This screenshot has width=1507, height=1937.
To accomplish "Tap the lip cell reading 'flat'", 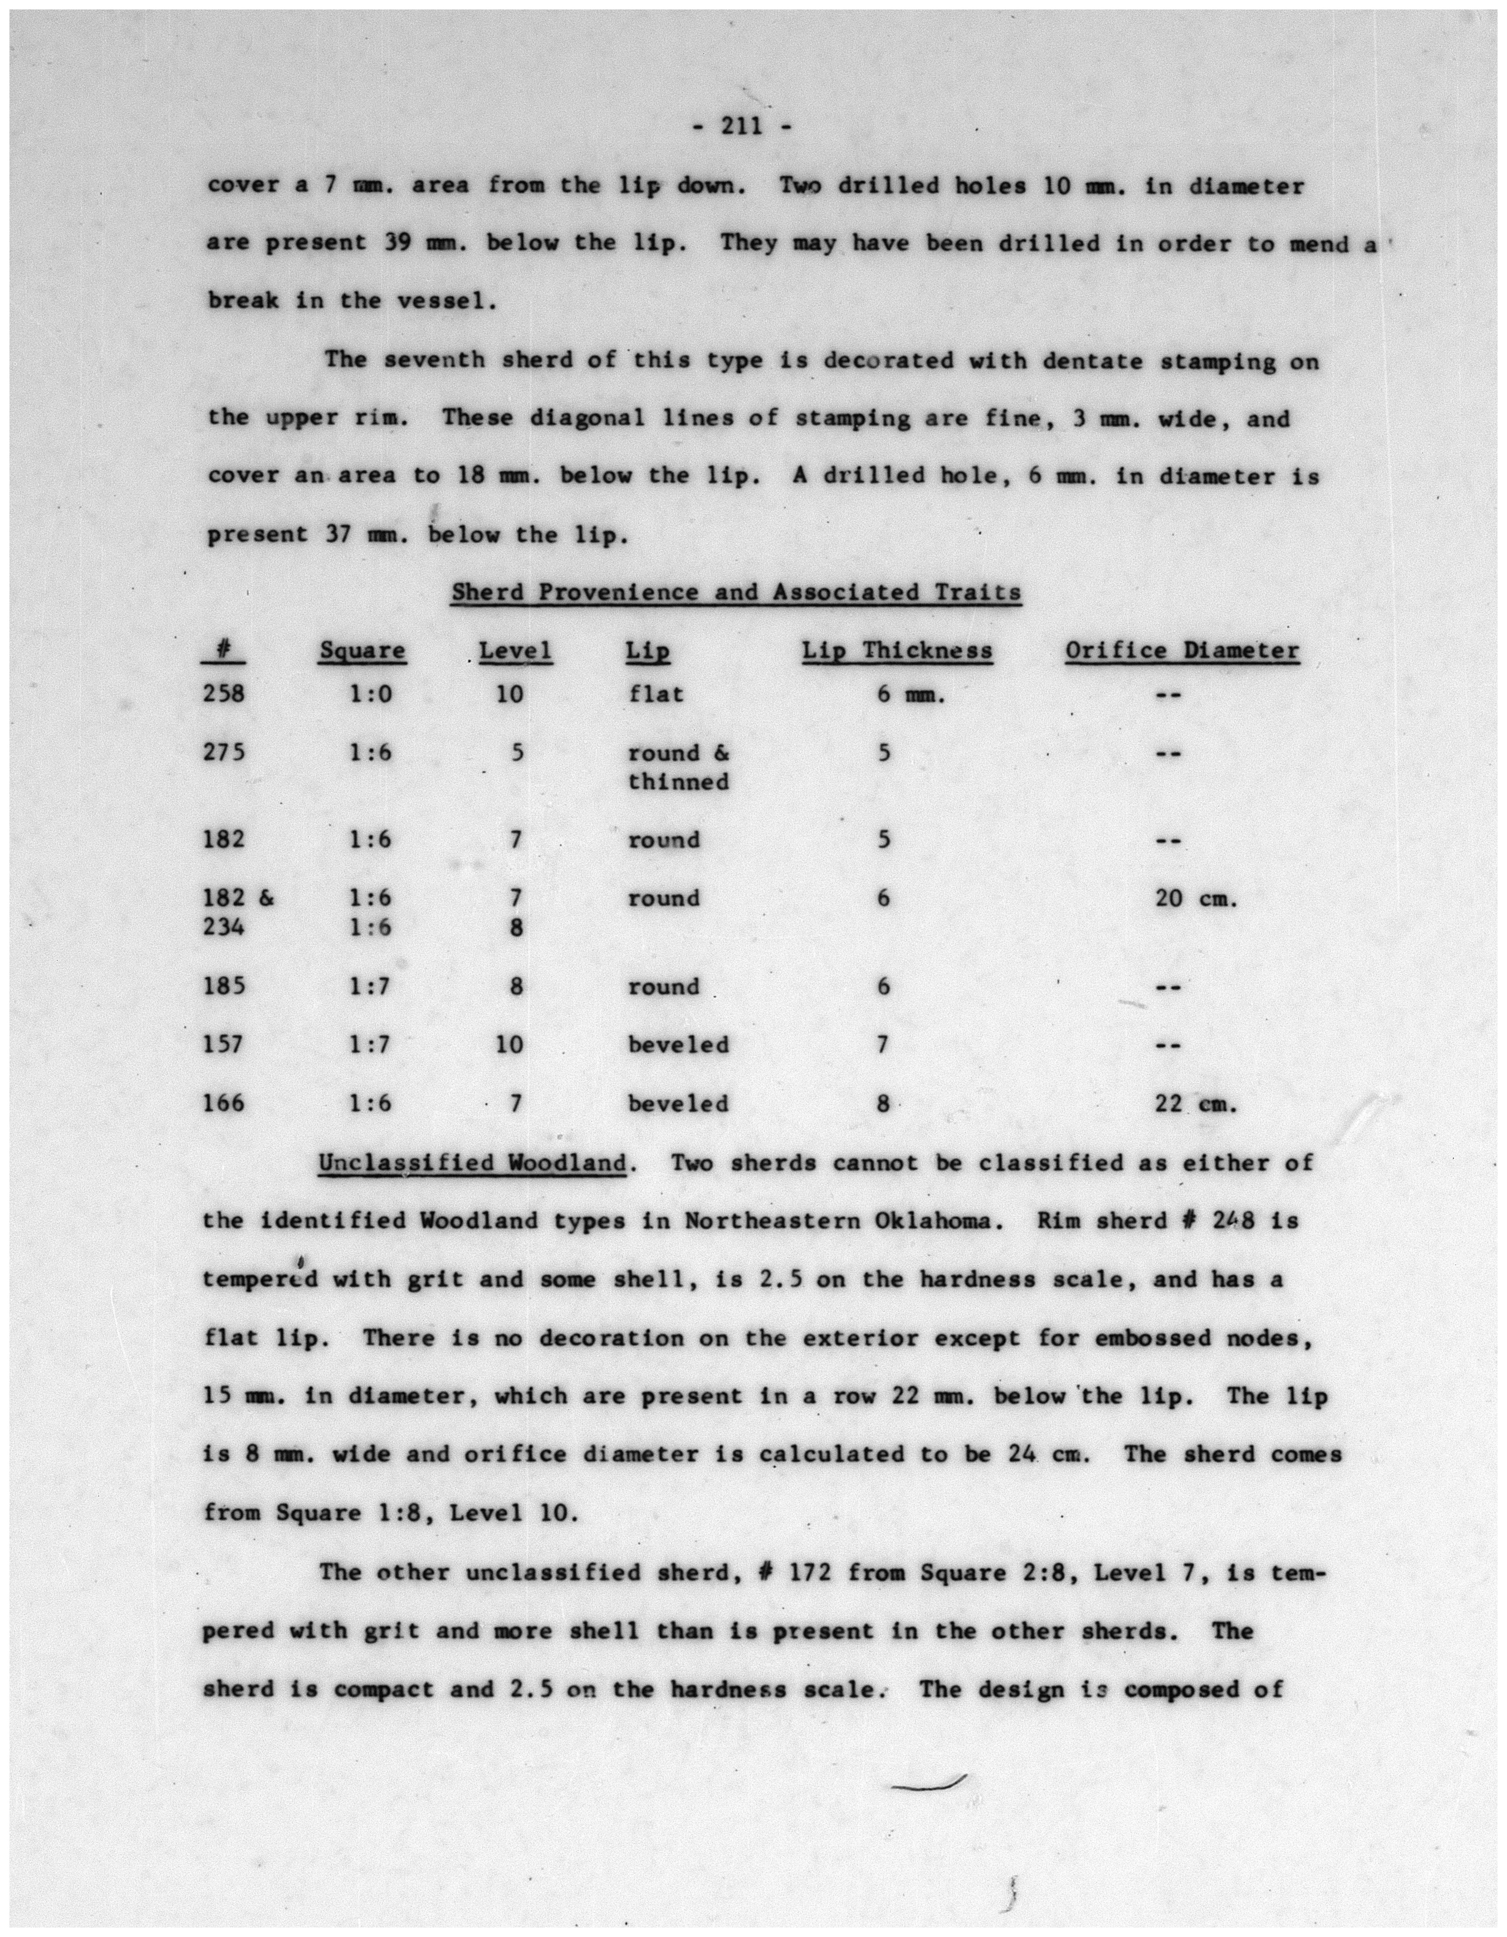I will (656, 694).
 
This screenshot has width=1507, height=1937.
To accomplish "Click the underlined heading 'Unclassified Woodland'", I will (473, 1163).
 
